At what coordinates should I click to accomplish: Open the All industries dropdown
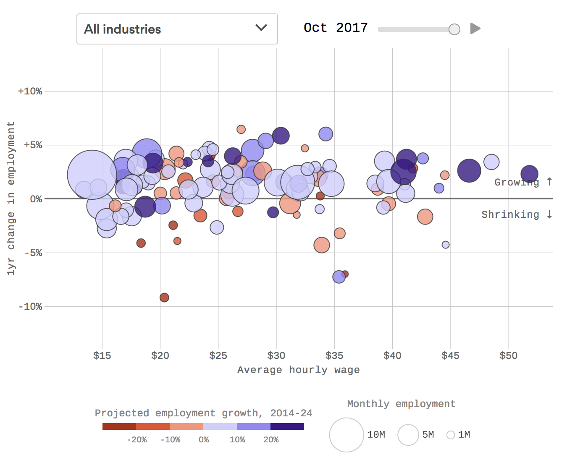177,29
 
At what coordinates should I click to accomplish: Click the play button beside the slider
475,29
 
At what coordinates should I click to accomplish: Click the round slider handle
454,29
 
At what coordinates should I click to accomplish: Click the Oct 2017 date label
335,28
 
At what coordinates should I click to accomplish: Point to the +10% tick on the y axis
30,91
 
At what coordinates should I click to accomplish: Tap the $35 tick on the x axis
334,355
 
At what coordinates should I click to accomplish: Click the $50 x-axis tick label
508,355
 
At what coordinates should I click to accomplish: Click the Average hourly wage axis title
298,370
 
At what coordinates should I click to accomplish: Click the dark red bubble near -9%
164,298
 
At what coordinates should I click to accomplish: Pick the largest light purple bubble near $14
92,175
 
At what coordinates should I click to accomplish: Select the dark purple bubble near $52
529,173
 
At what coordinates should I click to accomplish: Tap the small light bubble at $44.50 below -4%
446,245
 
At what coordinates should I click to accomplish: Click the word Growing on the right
516,182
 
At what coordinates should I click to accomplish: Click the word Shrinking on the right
510,214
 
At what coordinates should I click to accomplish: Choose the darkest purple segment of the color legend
287,426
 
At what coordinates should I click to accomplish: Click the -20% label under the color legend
137,439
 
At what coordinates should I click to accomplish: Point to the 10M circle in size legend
346,435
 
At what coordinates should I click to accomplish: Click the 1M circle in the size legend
451,435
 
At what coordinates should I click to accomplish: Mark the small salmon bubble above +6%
241,129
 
